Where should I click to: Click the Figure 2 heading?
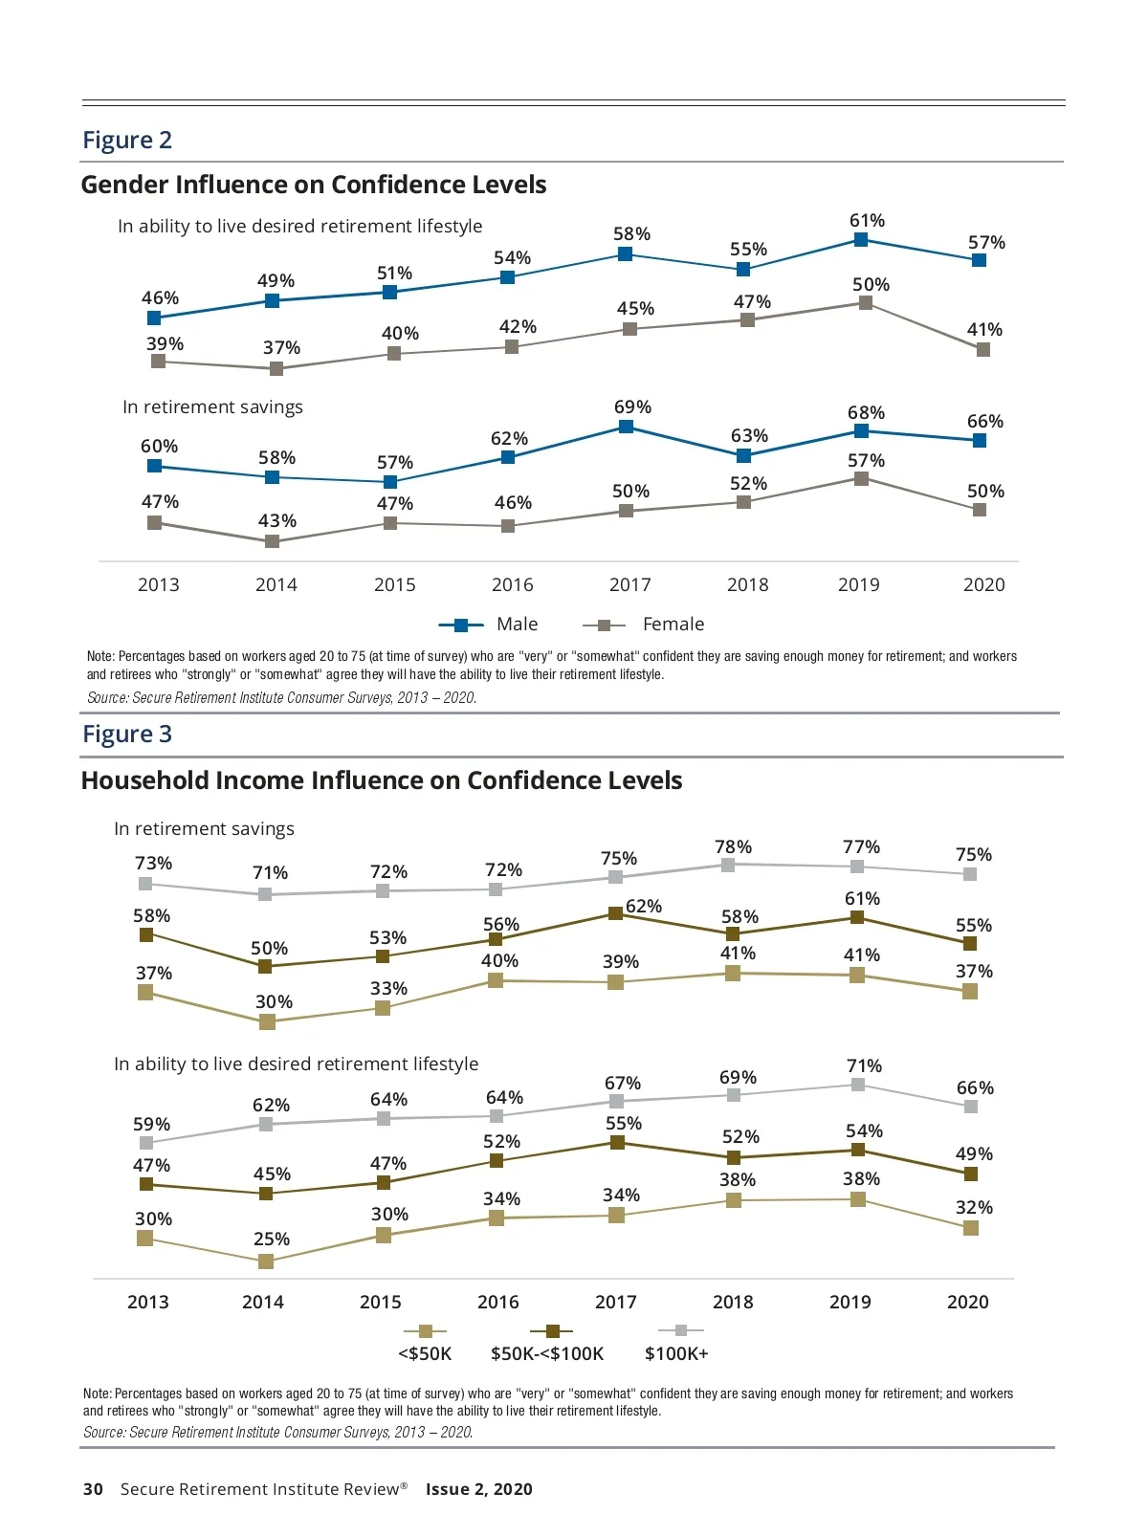pyautogui.click(x=127, y=141)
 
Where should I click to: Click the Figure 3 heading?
pyautogui.click(x=127, y=735)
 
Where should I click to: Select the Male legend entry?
pyautogui.click(x=489, y=625)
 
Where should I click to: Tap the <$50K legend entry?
pyautogui.click(x=425, y=1342)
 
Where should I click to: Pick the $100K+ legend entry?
pyautogui.click(x=677, y=1342)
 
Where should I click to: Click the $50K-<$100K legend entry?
pyautogui.click(x=548, y=1342)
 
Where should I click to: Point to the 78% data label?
pyautogui.click(x=733, y=847)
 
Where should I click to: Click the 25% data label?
pyautogui.click(x=272, y=1240)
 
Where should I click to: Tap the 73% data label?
pyautogui.click(x=154, y=864)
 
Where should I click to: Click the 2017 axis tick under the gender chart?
pyautogui.click(x=629, y=585)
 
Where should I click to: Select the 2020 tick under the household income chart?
pyautogui.click(x=967, y=1303)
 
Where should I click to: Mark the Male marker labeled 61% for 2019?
pyautogui.click(x=861, y=240)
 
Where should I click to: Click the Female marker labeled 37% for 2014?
pyautogui.click(x=276, y=368)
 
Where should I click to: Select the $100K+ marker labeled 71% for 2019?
pyautogui.click(x=858, y=1085)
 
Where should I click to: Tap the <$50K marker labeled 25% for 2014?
pyautogui.click(x=266, y=1262)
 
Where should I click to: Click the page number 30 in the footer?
pyautogui.click(x=93, y=1489)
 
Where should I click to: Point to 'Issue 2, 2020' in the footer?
pyautogui.click(x=478, y=1489)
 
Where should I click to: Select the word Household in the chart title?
pyautogui.click(x=144, y=780)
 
